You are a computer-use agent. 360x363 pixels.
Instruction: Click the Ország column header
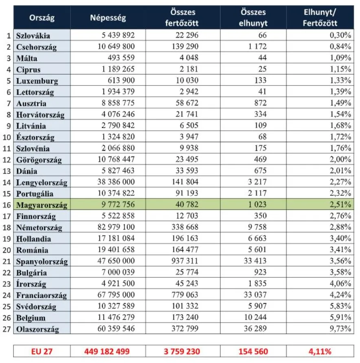[x=42, y=18]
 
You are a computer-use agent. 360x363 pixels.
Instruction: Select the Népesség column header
[x=108, y=18]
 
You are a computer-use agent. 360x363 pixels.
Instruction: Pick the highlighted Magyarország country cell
[x=42, y=204]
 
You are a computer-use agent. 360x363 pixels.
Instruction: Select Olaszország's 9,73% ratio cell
[x=340, y=329]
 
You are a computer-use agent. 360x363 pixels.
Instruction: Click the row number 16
[x=7, y=204]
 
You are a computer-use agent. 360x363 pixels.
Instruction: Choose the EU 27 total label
[x=42, y=351]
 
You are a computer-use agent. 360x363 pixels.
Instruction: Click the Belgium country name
[x=31, y=318]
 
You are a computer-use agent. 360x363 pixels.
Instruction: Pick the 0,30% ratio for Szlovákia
[x=340, y=35]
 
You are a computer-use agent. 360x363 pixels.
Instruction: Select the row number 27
[x=7, y=329]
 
